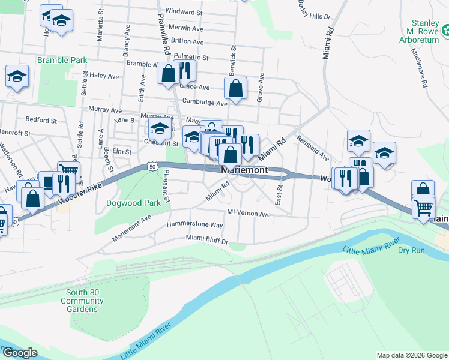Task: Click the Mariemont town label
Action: coord(244,170)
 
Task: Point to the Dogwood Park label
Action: coord(133,203)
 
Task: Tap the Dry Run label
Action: coord(411,249)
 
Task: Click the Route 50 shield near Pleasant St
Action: coord(152,165)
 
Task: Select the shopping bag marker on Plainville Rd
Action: coord(169,74)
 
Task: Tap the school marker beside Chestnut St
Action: coord(160,128)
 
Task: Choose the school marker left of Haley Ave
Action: coord(17,76)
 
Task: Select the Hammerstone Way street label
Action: coord(196,225)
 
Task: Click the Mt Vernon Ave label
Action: coord(249,214)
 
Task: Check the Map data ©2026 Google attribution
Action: coord(412,355)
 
